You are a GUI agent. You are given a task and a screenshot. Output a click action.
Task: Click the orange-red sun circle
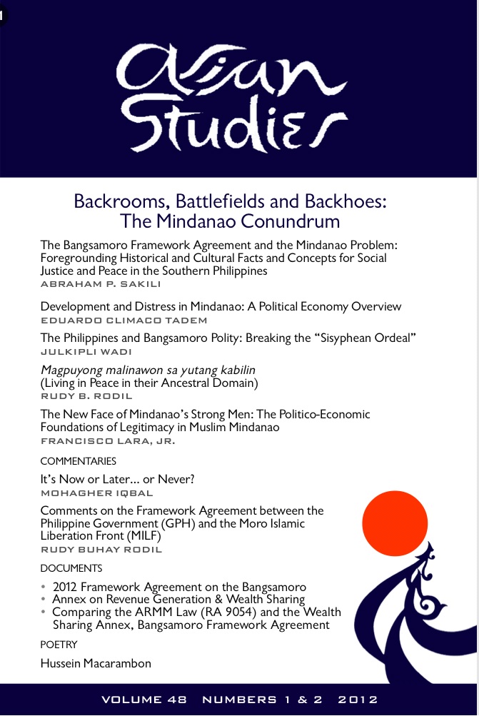pos(395,525)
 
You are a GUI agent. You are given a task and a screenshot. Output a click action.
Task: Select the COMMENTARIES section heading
pos(77,462)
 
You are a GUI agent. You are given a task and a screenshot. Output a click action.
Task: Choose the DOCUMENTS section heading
pos(71,568)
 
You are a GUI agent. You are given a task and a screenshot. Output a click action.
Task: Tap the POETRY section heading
pos(59,645)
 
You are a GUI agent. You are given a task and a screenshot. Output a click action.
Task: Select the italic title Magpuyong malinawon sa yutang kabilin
pos(148,369)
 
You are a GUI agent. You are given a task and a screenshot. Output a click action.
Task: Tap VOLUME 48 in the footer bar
pos(144,700)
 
